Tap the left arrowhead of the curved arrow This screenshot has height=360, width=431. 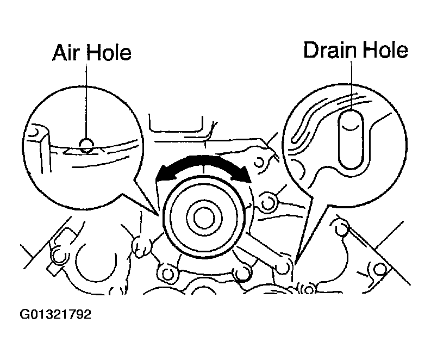(163, 174)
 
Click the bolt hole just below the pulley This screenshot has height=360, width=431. (242, 271)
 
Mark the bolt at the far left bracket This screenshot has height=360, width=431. (56, 255)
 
